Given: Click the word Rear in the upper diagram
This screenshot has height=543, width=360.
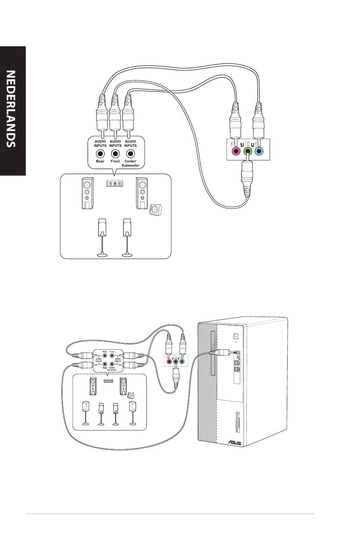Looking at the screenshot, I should pyautogui.click(x=100, y=161).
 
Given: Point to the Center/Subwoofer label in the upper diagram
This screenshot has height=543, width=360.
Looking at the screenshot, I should pyautogui.click(x=130, y=163).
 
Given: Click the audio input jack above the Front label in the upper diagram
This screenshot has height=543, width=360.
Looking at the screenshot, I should pyautogui.click(x=115, y=154).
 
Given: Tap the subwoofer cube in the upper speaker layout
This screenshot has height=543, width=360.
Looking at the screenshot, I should pyautogui.click(x=155, y=210).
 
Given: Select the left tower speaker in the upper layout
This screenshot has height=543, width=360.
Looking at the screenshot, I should pyautogui.click(x=88, y=193).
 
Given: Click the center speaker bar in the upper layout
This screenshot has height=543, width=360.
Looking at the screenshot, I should pyautogui.click(x=115, y=184).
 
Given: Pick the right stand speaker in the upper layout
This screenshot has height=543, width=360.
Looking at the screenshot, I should pyautogui.click(x=127, y=228).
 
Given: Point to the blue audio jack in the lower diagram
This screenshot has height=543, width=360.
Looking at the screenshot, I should pyautogui.click(x=182, y=361).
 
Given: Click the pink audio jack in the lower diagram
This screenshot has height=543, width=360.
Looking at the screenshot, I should pyautogui.click(x=169, y=361).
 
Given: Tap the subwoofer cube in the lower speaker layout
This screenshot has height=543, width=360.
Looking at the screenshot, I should pyautogui.click(x=131, y=395).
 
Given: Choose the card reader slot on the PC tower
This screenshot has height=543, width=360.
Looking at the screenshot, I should pyautogui.click(x=237, y=422).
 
